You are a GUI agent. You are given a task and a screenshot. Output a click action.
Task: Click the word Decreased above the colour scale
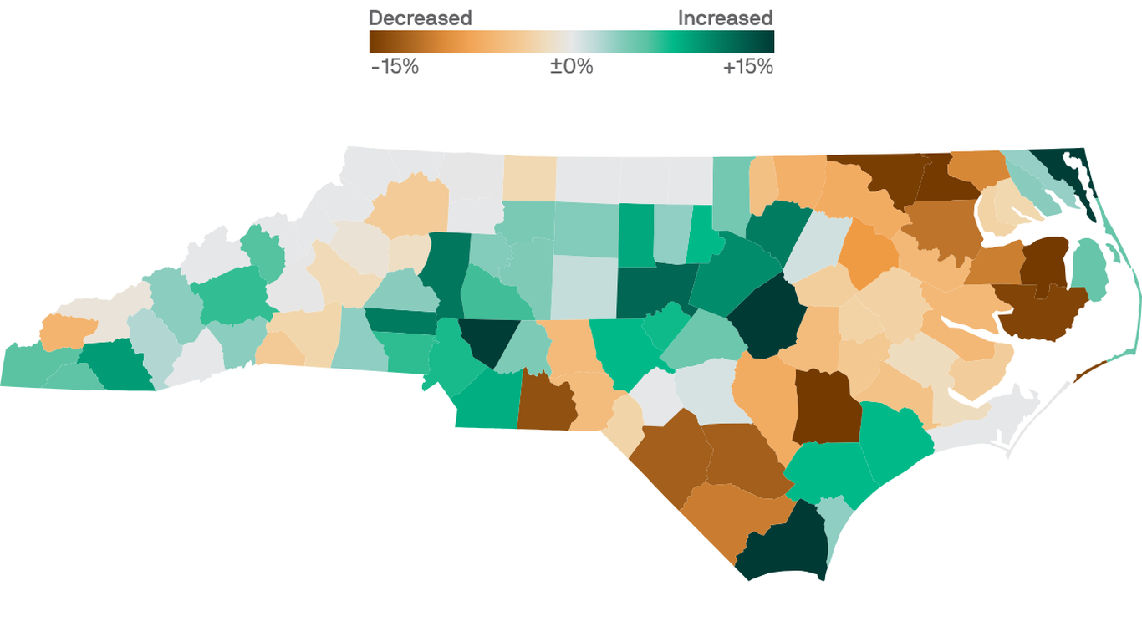click(420, 18)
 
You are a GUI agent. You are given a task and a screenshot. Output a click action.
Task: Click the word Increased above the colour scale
click(725, 18)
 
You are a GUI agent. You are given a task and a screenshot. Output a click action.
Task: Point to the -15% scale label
click(395, 67)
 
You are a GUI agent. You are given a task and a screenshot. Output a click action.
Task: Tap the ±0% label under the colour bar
click(571, 67)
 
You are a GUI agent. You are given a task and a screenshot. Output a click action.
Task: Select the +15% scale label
click(747, 67)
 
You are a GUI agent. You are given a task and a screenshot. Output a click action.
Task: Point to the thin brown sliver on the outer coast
click(1088, 371)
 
